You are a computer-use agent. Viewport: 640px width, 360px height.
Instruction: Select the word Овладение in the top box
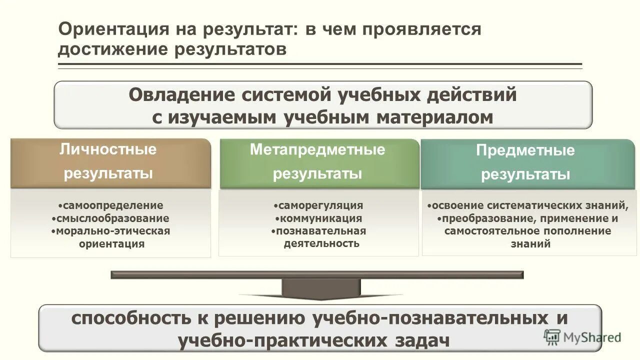181,94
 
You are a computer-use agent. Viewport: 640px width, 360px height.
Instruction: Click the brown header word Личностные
108,149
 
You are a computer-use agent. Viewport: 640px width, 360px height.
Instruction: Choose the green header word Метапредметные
317,149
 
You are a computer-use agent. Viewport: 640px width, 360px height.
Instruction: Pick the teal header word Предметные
525,150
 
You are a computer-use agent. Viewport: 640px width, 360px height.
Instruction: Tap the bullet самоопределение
111,205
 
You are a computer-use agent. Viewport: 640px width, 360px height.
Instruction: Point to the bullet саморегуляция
320,205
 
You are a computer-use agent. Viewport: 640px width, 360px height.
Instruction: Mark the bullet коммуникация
320,218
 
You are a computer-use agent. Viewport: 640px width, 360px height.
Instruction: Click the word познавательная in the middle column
320,231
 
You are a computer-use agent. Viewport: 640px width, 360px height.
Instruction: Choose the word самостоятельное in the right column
484,231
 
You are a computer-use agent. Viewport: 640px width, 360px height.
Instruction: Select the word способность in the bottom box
129,318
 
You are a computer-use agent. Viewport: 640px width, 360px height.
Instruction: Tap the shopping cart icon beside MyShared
552,337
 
